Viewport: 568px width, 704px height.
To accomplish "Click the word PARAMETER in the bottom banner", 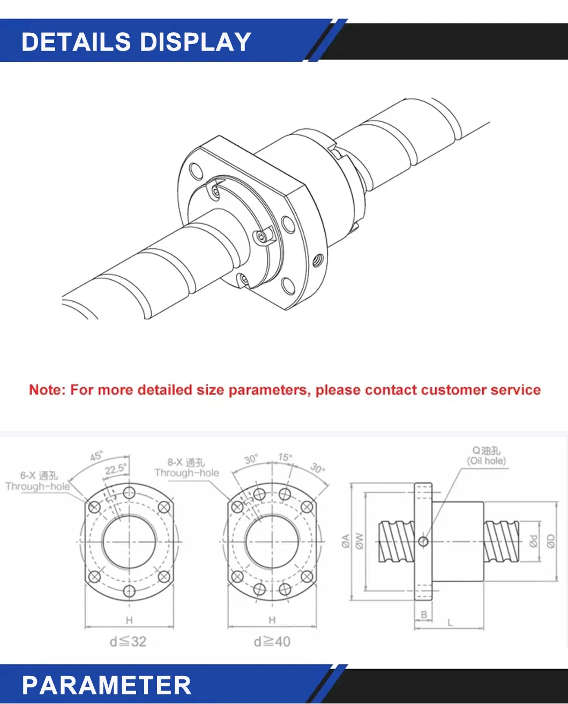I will (106, 685).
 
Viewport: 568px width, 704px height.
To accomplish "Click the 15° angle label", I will (285, 457).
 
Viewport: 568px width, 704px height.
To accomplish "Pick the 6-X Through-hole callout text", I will (38, 481).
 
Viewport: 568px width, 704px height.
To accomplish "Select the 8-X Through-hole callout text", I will (186, 468).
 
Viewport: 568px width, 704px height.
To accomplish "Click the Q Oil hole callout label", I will (486, 456).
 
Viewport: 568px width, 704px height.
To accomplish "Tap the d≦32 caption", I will (128, 641).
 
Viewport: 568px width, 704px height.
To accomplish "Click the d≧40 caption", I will (272, 641).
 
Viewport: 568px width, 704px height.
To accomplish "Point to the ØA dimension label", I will (346, 541).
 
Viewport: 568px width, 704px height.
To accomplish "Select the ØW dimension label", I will (359, 542).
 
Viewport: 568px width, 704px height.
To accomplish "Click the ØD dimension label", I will (550, 542).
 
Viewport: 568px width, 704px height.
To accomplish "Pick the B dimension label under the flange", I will (424, 614).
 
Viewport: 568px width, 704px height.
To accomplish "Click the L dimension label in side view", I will (450, 623).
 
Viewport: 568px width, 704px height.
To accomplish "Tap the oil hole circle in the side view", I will (423, 542).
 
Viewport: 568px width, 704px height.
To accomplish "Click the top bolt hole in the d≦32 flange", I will (129, 493).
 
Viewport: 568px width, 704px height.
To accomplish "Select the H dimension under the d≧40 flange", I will (272, 620).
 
